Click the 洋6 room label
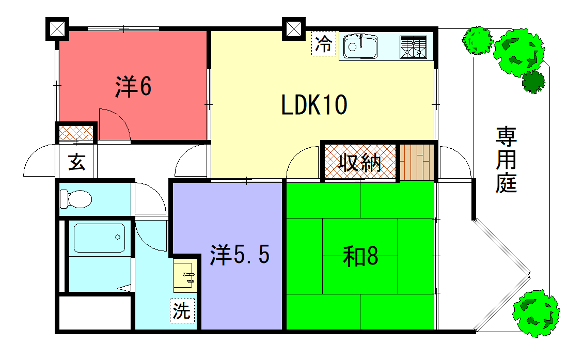[132, 88]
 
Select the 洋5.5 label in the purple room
[240, 255]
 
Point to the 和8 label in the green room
[360, 257]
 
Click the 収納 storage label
[357, 163]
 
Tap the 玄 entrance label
[76, 162]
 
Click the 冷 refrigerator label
[323, 44]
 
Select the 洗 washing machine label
[181, 310]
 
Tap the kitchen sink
[359, 45]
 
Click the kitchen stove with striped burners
[413, 46]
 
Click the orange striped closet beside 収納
[418, 162]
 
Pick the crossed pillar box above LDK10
[295, 30]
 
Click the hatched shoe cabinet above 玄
[76, 131]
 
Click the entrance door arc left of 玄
[38, 162]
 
